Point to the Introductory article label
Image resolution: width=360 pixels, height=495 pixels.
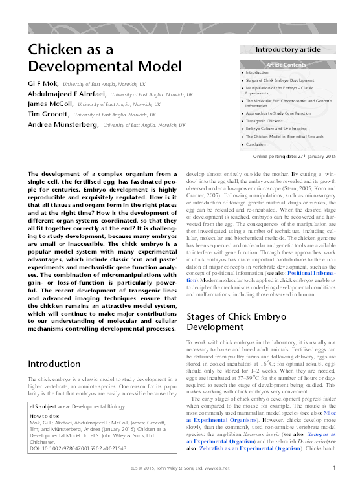coord(287,49)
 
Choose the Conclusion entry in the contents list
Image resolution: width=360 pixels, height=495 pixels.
coord(258,144)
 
